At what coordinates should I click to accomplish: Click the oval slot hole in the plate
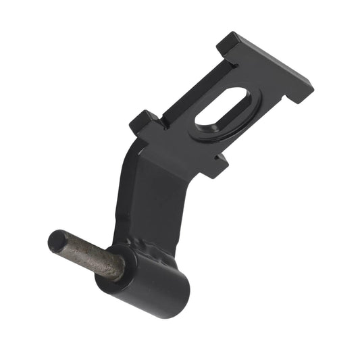(223, 109)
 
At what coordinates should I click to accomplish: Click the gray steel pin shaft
(95, 257)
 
